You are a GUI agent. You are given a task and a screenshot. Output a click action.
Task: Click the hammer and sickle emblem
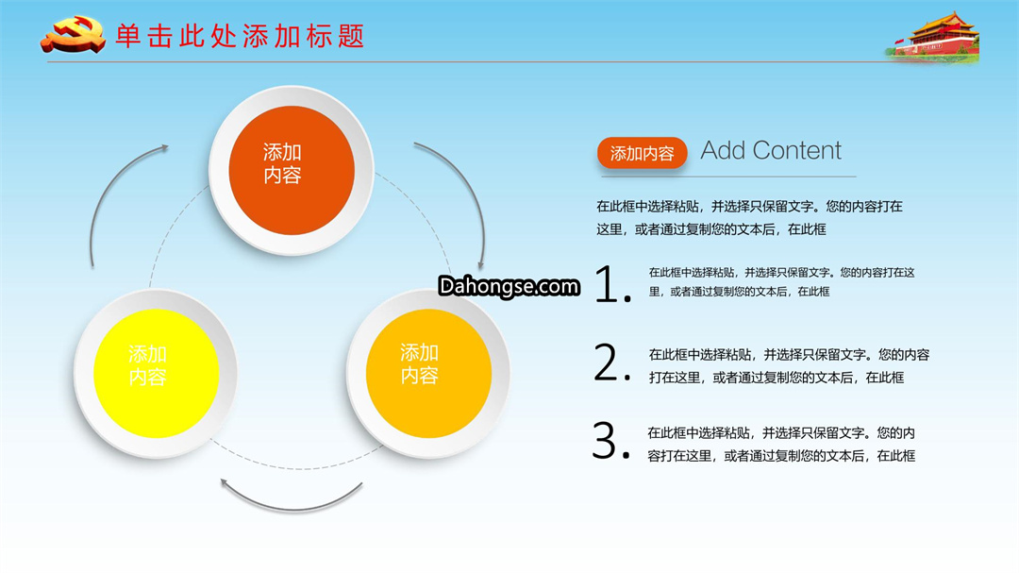pos(73,35)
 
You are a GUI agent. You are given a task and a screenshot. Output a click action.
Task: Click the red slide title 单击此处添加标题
pos(240,37)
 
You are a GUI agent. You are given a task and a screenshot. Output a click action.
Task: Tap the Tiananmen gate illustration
pos(933,37)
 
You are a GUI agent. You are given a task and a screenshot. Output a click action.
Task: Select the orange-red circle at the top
pos(292,170)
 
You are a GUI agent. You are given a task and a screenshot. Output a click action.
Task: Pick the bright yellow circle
pos(156,373)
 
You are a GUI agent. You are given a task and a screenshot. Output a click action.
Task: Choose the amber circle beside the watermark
pos(429,373)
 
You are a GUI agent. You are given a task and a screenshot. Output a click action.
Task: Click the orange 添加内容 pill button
pos(643,154)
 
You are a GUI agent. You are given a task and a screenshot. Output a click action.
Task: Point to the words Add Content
pos(771,150)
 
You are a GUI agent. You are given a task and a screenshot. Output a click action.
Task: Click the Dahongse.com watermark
pos(509,286)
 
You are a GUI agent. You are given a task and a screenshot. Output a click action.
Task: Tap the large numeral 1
pos(611,283)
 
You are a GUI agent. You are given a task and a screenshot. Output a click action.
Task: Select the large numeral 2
pos(611,362)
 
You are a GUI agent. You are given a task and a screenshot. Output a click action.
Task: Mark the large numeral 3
pos(611,440)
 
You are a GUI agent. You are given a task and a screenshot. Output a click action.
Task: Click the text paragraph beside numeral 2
pos(789,365)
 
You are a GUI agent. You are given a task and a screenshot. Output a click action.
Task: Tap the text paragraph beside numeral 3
pos(781,445)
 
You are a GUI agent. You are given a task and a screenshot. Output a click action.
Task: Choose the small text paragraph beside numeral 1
pos(781,281)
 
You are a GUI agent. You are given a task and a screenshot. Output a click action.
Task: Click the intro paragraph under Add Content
pos(749,218)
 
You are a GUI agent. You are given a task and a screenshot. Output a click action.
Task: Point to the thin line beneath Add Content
pos(728,177)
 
